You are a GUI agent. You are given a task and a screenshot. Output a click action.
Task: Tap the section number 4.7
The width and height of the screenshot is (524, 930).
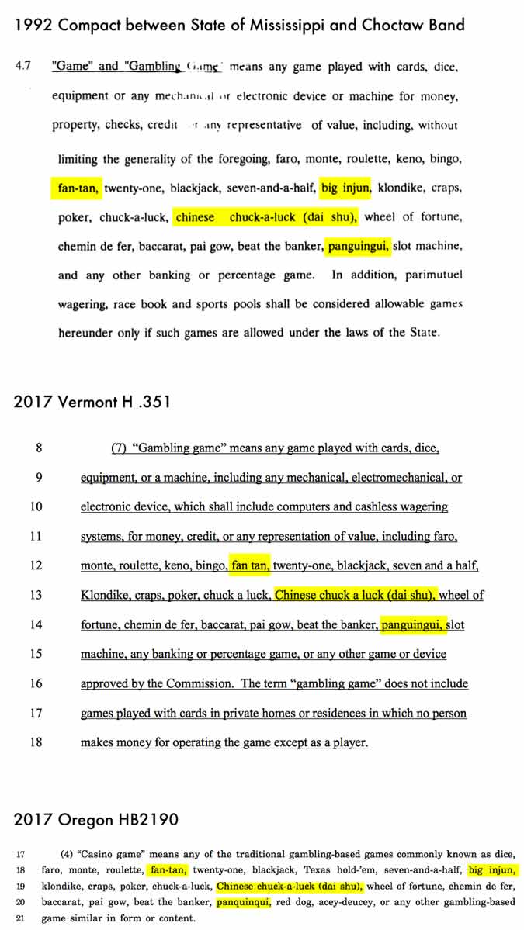pyautogui.click(x=23, y=67)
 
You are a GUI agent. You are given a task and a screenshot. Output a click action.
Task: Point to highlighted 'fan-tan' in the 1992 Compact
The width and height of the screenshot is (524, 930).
pyautogui.click(x=78, y=188)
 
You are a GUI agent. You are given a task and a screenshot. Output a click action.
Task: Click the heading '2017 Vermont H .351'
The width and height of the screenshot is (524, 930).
pyautogui.click(x=92, y=402)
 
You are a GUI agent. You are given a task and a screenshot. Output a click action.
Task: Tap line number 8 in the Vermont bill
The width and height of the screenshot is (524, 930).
pyautogui.click(x=39, y=448)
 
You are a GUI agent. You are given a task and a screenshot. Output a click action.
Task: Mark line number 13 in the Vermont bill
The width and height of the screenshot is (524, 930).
pyautogui.click(x=36, y=596)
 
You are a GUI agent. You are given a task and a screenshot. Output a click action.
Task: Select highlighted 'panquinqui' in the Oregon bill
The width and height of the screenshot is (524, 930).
pyautogui.click(x=244, y=902)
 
